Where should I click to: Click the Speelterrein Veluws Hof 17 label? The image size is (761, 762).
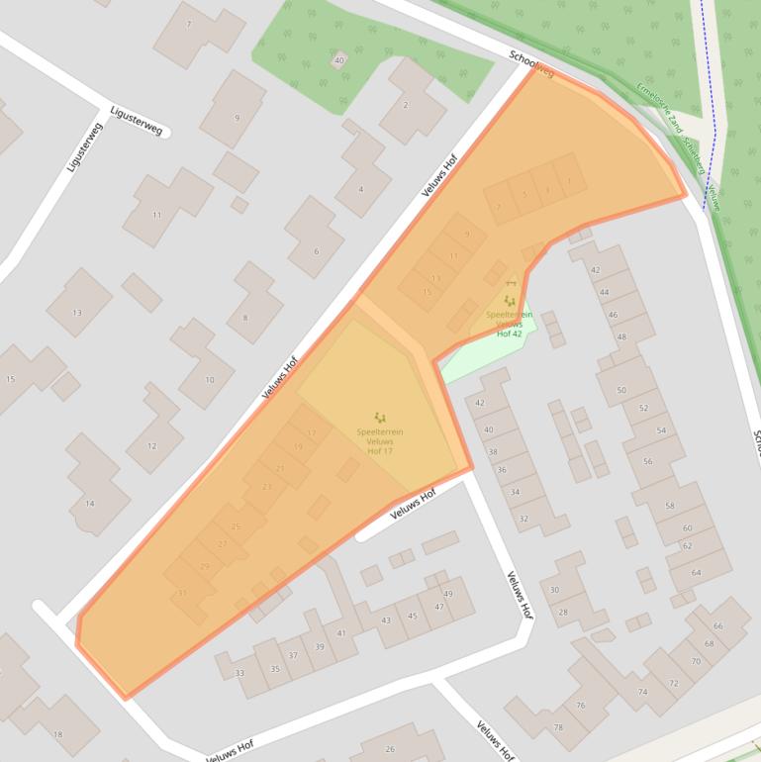380,441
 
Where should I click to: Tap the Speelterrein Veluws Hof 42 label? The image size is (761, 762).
509,324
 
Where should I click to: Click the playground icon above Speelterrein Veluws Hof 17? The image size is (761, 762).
380,419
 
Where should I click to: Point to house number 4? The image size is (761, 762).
360,189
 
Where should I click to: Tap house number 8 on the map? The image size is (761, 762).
244,318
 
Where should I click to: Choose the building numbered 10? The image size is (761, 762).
209,379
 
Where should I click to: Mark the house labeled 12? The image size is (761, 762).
151,445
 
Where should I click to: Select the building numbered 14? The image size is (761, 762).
90,503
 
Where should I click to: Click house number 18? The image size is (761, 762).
57,734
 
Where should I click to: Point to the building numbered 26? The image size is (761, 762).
390,749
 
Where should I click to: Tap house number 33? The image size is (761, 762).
239,673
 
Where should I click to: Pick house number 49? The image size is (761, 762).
447,594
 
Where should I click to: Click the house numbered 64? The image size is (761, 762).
697,572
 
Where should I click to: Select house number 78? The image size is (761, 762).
557,727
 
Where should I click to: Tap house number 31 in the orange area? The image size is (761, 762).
182,592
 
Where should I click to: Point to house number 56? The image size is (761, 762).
648,461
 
